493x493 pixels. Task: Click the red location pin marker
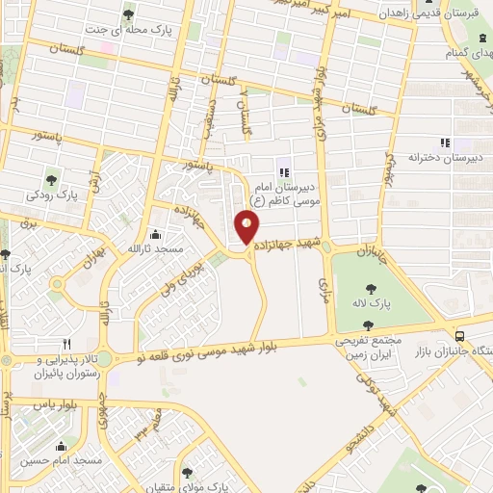pos(247,227)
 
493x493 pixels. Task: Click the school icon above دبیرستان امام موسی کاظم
pos(282,172)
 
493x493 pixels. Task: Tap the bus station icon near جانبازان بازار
pos(460,336)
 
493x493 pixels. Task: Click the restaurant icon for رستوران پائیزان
pos(66,343)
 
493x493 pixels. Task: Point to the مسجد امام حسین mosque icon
pos(63,446)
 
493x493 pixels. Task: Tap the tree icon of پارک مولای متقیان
pos(187,472)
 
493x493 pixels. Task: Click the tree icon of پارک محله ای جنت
pos(129,13)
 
